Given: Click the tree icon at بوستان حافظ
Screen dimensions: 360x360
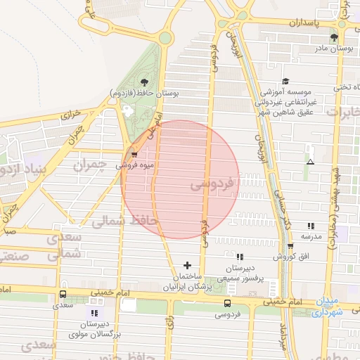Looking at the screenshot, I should pyautogui.click(x=144, y=82).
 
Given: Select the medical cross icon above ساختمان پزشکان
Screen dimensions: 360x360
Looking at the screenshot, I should pyautogui.click(x=187, y=265).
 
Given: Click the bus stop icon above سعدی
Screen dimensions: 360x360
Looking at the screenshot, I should pyautogui.click(x=63, y=295).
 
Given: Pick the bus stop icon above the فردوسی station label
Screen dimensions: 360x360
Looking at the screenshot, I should pyautogui.click(x=226, y=303).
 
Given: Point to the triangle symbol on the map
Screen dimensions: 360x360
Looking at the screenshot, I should pyautogui.click(x=310, y=162).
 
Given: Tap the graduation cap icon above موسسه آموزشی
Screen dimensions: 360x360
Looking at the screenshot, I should pyautogui.click(x=285, y=82).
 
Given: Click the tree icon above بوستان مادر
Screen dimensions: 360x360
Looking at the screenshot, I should pyautogui.click(x=334, y=37).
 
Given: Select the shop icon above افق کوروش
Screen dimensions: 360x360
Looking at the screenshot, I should pyautogui.click(x=290, y=245).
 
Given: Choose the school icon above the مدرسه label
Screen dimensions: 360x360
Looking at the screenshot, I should pyautogui.click(x=310, y=226).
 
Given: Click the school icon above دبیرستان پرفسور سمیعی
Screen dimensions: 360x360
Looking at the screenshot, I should pyautogui.click(x=240, y=257).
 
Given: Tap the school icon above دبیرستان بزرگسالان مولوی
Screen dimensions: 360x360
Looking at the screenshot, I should pyautogui.click(x=94, y=312).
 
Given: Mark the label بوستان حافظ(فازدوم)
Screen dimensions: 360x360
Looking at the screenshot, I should pyautogui.click(x=145, y=93).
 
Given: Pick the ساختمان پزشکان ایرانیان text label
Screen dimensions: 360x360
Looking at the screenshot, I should pyautogui.click(x=187, y=282).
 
